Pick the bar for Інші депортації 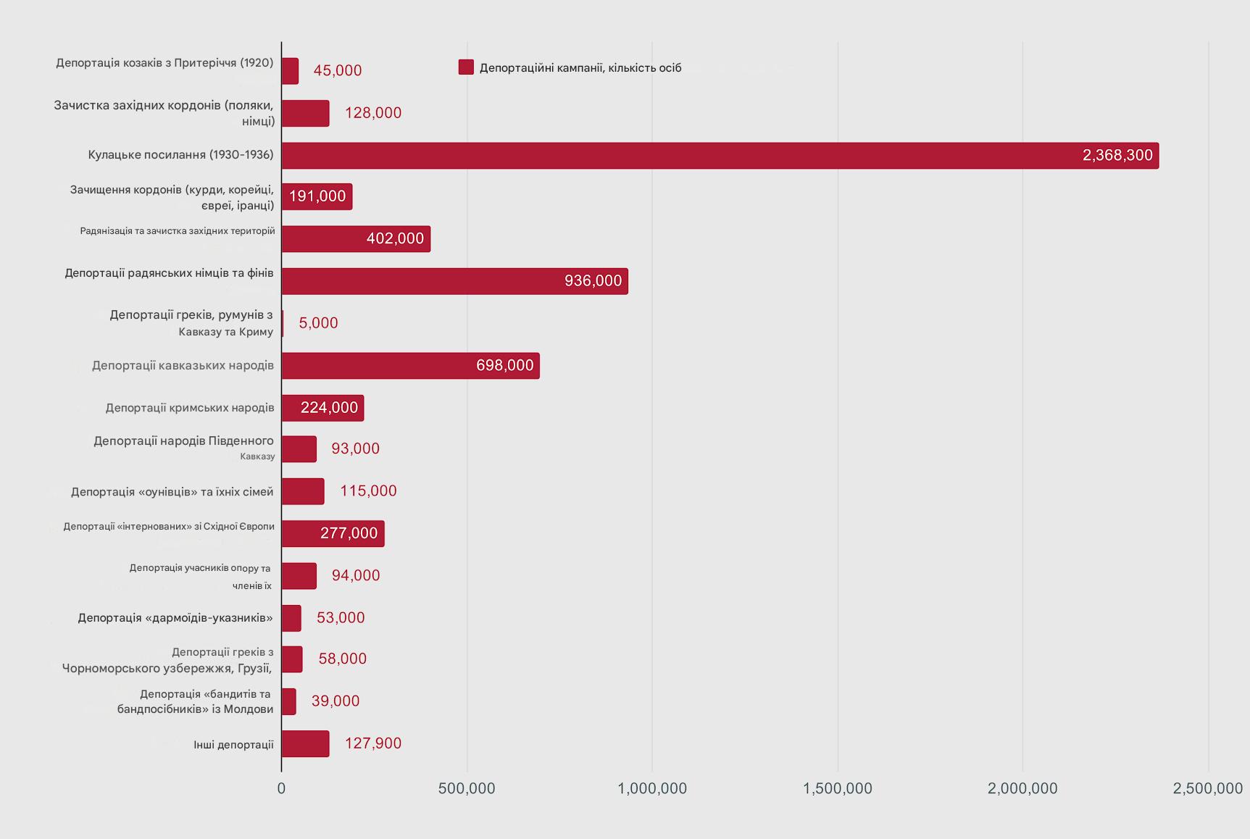click(305, 744)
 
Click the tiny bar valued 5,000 click(283, 323)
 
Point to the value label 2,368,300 click(1117, 156)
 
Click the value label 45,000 click(337, 71)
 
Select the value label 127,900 click(372, 744)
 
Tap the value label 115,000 click(368, 491)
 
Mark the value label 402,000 click(395, 239)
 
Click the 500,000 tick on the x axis click(467, 789)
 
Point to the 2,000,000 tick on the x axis click(1022, 789)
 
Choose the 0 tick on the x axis click(282, 789)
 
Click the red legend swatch click(466, 67)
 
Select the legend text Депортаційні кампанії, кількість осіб click(580, 68)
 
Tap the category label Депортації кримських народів click(190, 408)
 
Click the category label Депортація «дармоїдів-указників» click(175, 618)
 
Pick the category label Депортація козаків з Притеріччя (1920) click(164, 63)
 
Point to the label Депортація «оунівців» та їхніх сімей click(172, 493)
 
